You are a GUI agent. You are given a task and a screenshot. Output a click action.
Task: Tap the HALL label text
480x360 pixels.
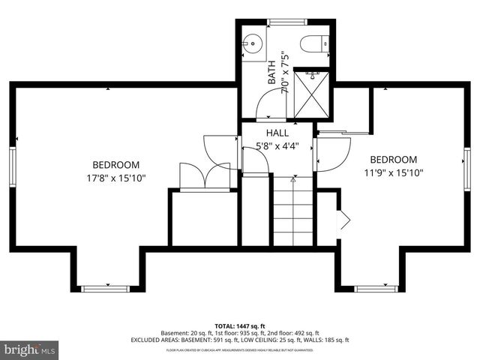coord(277,133)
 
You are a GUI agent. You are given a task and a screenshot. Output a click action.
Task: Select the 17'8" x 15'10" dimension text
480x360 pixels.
coord(116,178)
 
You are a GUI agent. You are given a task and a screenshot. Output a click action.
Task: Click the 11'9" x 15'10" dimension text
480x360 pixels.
coord(393,172)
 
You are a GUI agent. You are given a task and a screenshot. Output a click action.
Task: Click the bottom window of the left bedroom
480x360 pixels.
coord(105,287)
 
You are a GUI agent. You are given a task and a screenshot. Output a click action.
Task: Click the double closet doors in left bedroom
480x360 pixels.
coord(205,174)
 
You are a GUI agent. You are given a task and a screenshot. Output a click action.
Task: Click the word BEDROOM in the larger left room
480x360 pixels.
coord(116,165)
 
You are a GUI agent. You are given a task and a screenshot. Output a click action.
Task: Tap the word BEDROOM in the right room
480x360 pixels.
coord(393,159)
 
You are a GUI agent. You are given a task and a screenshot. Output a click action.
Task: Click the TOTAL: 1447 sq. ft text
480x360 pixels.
coord(240,326)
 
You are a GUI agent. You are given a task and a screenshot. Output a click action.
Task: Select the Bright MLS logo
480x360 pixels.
coord(30,350)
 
